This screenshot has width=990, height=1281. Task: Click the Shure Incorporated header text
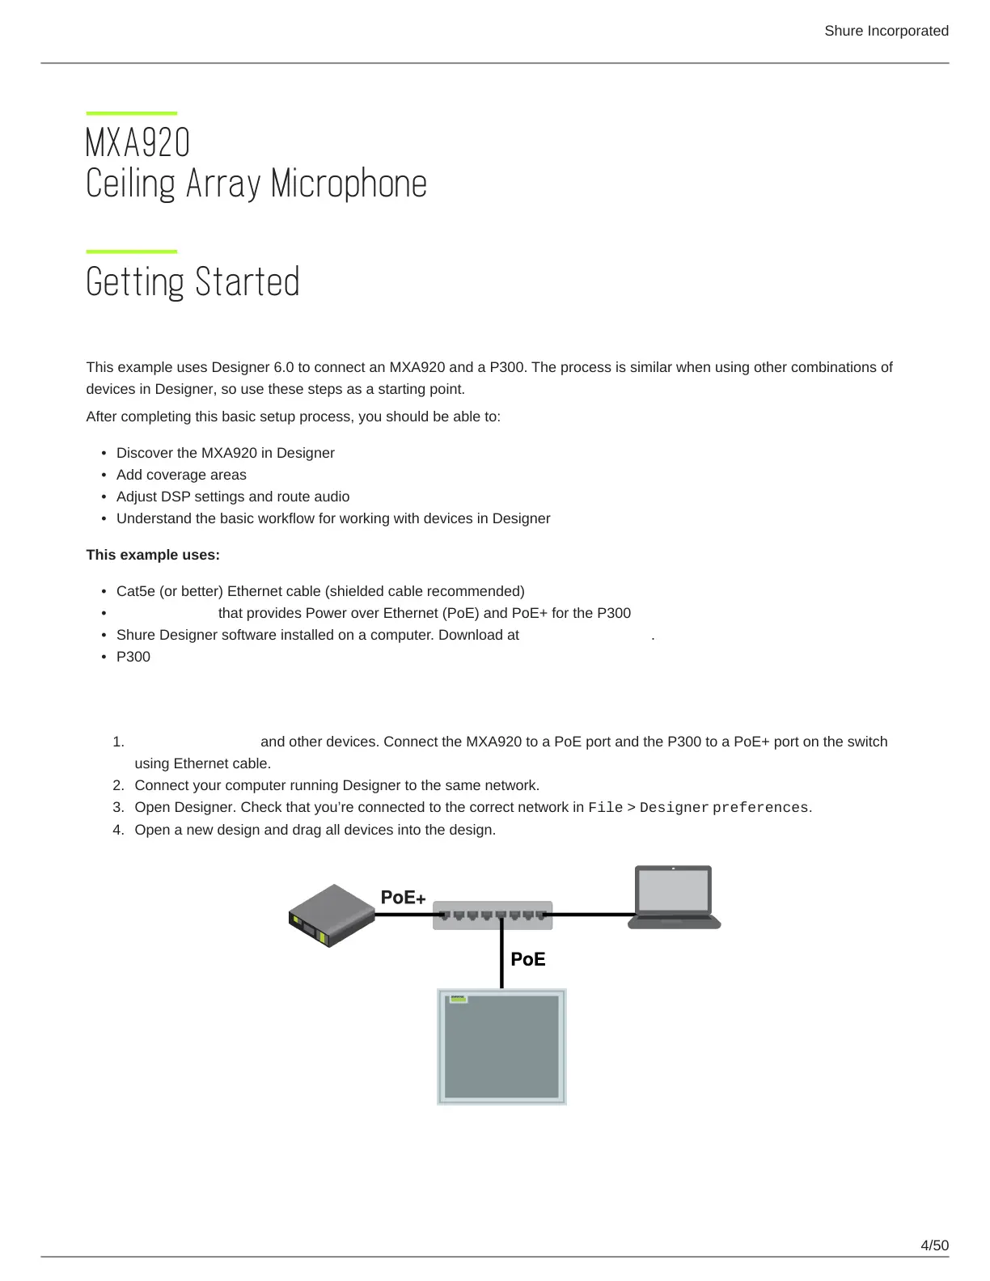click(886, 31)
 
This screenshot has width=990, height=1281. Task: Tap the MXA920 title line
click(137, 143)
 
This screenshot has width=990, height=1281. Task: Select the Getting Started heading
click(192, 282)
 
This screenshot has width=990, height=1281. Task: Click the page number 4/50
click(934, 1245)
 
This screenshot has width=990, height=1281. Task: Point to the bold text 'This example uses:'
click(153, 555)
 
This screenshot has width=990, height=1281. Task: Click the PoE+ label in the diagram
click(403, 898)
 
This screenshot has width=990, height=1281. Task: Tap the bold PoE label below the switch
click(528, 959)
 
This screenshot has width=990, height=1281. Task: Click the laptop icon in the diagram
click(674, 898)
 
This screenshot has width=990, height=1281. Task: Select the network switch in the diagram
click(493, 915)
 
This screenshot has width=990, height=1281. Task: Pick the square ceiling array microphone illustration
click(501, 1046)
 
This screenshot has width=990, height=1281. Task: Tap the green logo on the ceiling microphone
click(458, 999)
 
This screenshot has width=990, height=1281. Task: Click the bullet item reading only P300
click(133, 657)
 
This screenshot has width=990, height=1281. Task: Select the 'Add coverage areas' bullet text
click(181, 475)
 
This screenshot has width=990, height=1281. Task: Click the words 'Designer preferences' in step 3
click(724, 808)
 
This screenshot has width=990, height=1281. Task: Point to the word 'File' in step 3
click(605, 808)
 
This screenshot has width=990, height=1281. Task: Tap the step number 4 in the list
click(118, 830)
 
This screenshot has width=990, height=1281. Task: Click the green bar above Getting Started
click(131, 252)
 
